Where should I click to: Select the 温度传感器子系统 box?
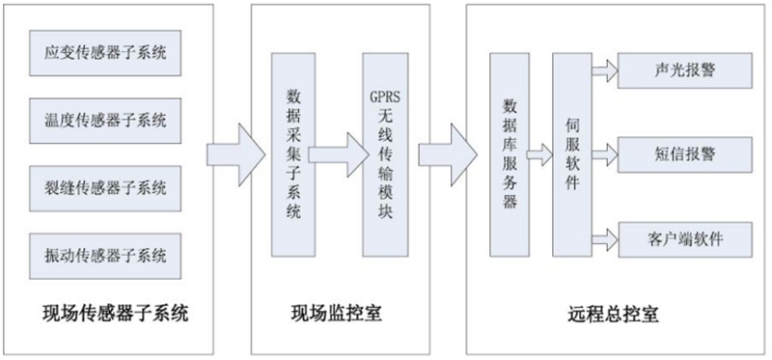tap(105, 121)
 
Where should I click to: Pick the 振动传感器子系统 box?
tap(105, 256)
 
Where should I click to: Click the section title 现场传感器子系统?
tap(116, 313)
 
